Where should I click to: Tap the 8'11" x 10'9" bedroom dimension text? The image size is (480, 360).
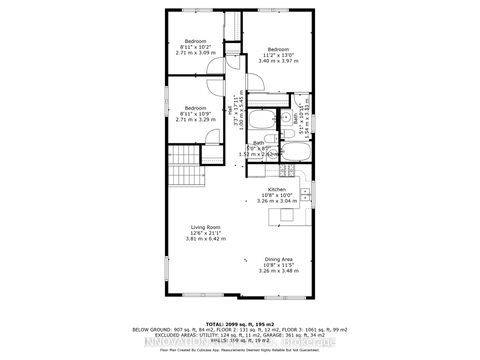[195, 113]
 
